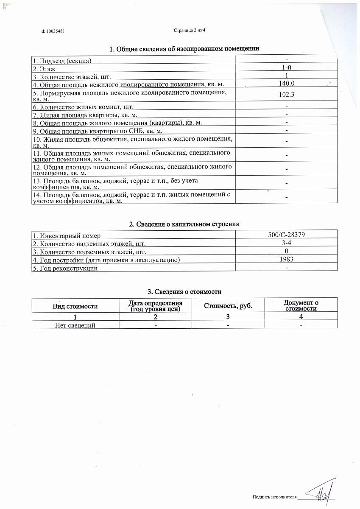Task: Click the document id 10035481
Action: pyautogui.click(x=52, y=31)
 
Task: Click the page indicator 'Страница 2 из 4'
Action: pyautogui.click(x=190, y=30)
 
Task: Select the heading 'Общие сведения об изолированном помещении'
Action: pyautogui.click(x=184, y=49)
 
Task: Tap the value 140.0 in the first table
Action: pyautogui.click(x=287, y=84)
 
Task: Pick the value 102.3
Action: pyautogui.click(x=287, y=95)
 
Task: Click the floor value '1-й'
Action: pyautogui.click(x=287, y=68)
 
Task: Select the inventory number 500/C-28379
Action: pyautogui.click(x=287, y=235)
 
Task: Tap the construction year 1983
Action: pyautogui.click(x=287, y=259)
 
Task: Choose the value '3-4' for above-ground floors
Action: pyautogui.click(x=287, y=243)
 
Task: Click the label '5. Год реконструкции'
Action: pyautogui.click(x=65, y=268)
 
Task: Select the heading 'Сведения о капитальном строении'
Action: pyautogui.click(x=184, y=224)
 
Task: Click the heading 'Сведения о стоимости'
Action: pyautogui.click(x=184, y=292)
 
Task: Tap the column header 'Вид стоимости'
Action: pyautogui.click(x=75, y=306)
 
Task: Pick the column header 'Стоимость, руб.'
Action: pyautogui.click(x=228, y=306)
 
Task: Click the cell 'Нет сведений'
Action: pyautogui.click(x=75, y=325)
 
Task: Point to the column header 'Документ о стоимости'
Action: pyautogui.click(x=301, y=305)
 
